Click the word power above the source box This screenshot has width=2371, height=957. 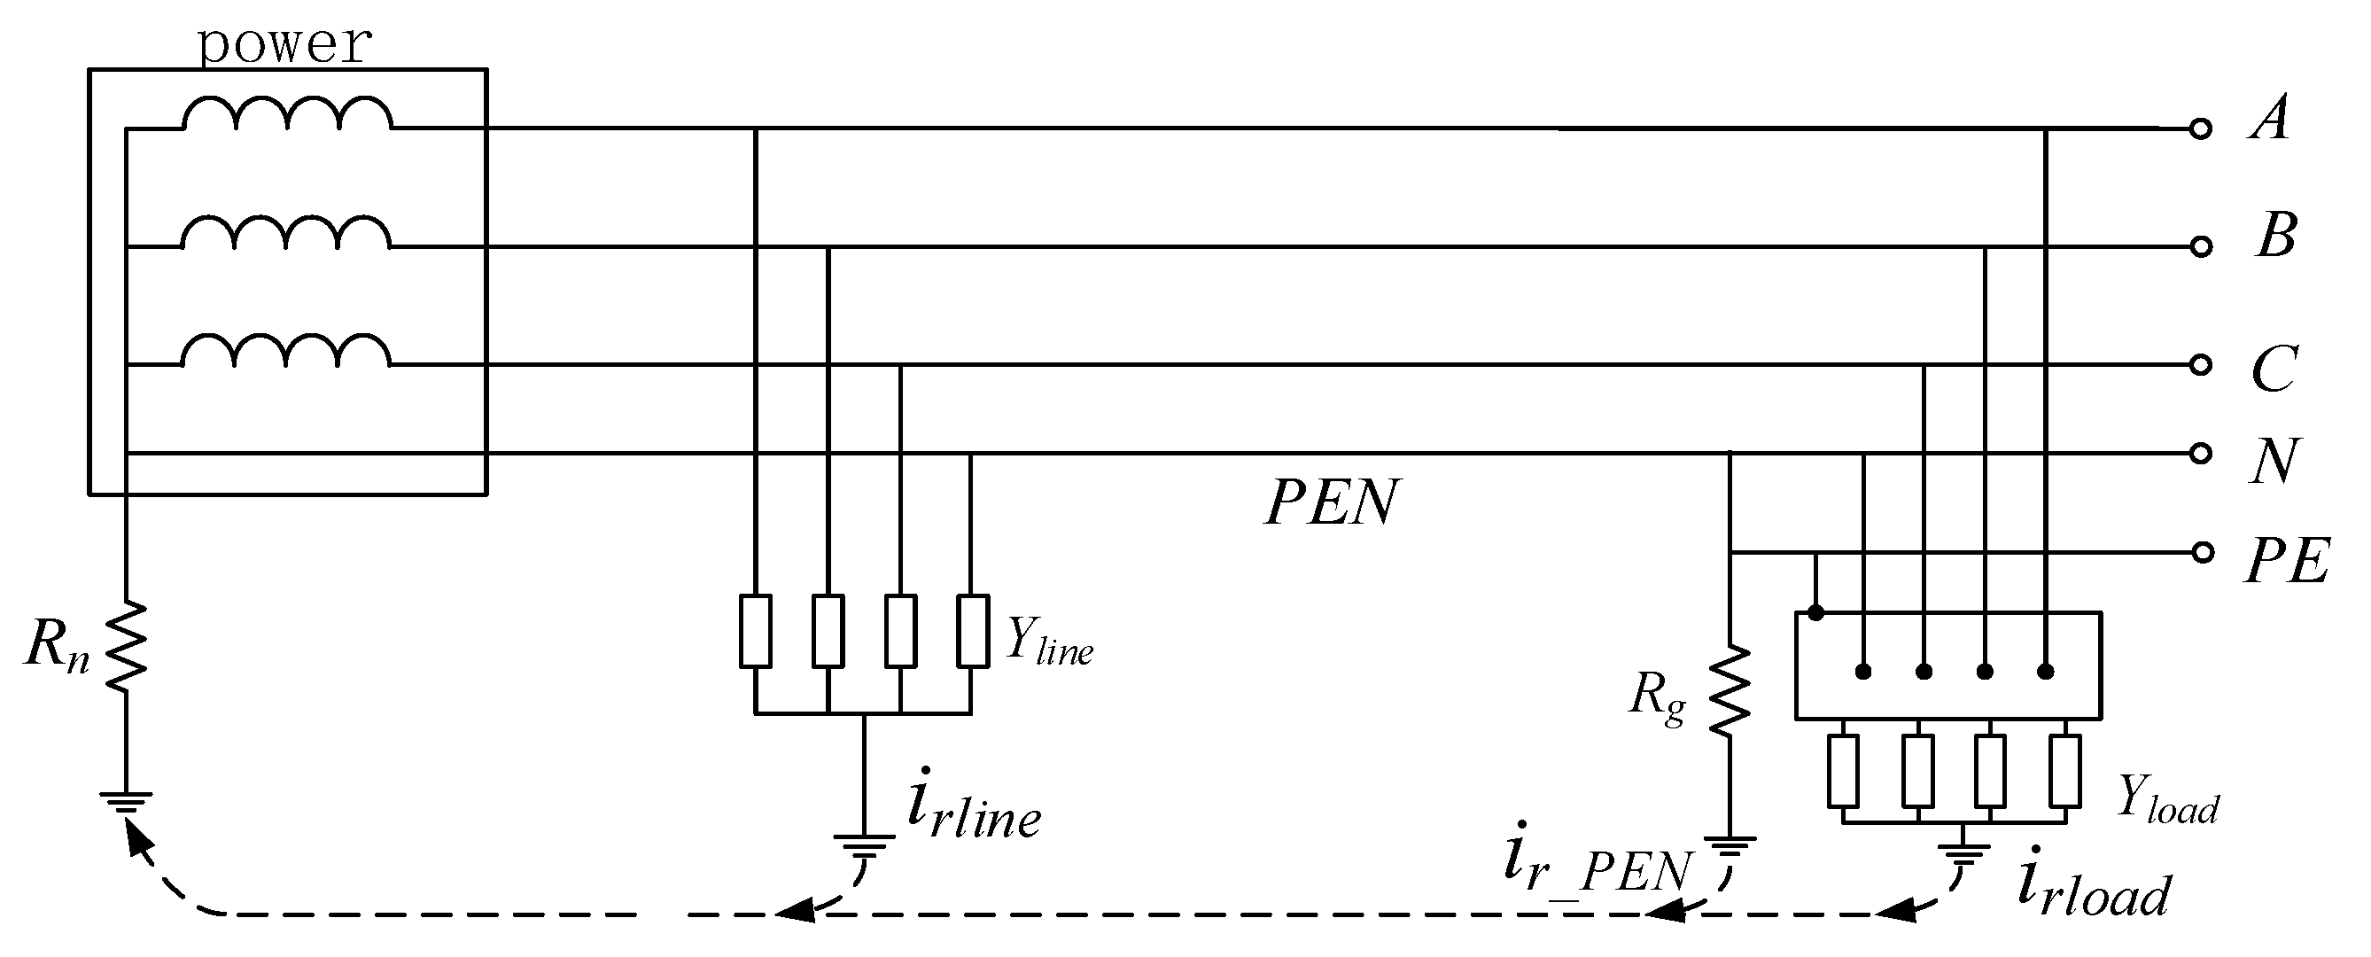[285, 44]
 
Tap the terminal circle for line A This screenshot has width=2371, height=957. [2200, 129]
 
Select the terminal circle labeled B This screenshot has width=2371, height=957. [2200, 246]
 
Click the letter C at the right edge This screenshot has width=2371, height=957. [2274, 369]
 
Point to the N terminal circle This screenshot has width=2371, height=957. [2200, 454]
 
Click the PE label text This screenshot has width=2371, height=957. [2286, 561]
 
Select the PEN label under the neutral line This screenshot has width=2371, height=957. [1332, 503]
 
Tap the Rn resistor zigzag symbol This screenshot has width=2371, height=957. [126, 646]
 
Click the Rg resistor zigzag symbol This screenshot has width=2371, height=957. [1730, 690]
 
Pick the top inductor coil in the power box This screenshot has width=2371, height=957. [287, 114]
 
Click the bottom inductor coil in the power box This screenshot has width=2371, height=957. [287, 352]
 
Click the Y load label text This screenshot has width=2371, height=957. [2167, 798]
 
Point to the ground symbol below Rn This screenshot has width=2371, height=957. [126, 803]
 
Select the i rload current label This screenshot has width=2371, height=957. [2094, 890]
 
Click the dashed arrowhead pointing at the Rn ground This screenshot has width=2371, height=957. [138, 839]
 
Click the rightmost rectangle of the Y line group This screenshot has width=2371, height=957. [972, 631]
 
